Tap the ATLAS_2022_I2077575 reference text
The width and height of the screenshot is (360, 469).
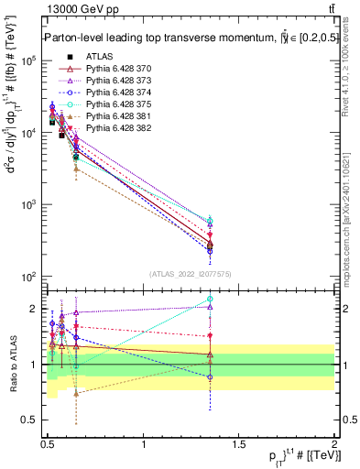pyautogui.click(x=190, y=274)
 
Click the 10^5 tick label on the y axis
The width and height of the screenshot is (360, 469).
pyautogui.click(x=27, y=60)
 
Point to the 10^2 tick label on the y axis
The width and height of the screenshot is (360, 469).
pyautogui.click(x=27, y=277)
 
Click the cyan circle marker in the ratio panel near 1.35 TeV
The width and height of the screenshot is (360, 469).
pyautogui.click(x=210, y=299)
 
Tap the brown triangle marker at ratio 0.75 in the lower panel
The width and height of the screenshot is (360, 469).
pyautogui.click(x=77, y=393)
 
